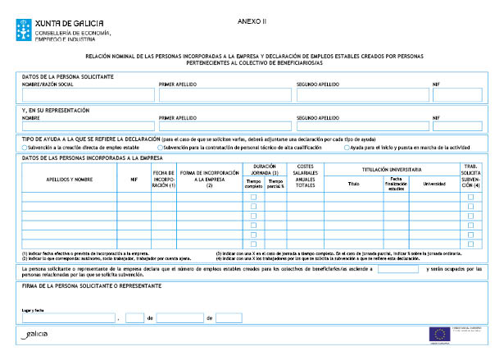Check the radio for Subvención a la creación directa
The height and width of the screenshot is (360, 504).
coord(25,147)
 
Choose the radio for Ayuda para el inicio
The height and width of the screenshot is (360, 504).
coord(347,147)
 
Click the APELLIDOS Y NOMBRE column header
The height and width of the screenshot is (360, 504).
coord(69,179)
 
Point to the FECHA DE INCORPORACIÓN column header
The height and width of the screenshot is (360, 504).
coord(164,179)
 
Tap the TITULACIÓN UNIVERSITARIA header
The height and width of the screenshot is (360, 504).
coord(393,168)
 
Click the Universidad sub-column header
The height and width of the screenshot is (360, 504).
coord(434,185)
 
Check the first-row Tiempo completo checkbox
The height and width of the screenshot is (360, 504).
coord(253,197)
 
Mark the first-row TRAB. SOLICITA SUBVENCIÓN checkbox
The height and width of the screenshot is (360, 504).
coord(470,197)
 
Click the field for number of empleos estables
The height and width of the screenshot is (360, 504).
coord(398,269)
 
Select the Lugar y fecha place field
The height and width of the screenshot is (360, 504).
coord(70,317)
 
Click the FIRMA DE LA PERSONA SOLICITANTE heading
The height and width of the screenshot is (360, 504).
coord(91,285)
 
